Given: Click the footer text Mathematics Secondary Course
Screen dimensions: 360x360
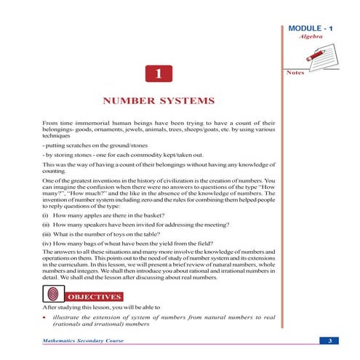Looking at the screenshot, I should coord(82,340).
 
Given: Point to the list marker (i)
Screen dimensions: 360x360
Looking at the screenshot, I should coord(47,215).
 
